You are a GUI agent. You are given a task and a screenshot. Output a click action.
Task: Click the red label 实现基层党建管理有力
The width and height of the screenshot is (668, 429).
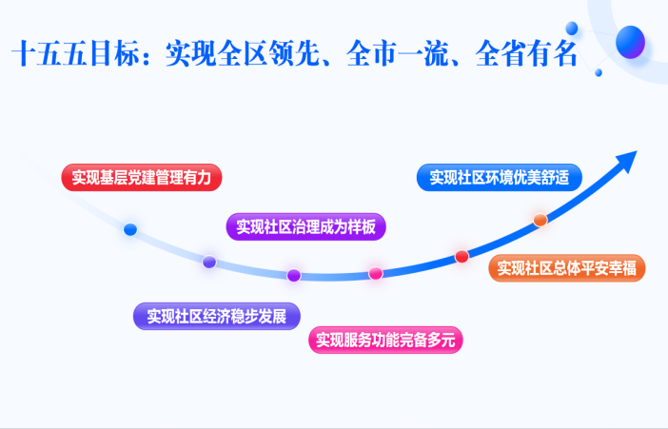(143, 177)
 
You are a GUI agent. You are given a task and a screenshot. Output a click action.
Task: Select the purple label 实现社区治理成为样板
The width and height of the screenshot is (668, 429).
(305, 227)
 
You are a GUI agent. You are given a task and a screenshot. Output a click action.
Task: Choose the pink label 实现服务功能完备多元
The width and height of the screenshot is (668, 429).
(387, 340)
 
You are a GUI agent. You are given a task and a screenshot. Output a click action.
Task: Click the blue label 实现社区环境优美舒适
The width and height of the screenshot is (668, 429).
(498, 177)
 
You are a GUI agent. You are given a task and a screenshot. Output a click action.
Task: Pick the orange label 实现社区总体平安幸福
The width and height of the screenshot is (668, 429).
(567, 268)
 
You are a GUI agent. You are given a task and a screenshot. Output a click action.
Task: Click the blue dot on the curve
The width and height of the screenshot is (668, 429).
(130, 229)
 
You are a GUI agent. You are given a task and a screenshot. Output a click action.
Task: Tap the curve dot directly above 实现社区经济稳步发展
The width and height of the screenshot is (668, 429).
(209, 262)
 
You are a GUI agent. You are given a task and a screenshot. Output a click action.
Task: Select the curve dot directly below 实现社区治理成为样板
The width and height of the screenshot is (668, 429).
(294, 275)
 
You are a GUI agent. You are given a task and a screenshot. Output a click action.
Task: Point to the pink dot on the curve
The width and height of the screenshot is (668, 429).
(376, 274)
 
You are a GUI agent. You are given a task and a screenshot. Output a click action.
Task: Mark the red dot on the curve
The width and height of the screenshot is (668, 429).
(462, 256)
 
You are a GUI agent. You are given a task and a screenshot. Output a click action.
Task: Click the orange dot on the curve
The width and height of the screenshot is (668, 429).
(540, 221)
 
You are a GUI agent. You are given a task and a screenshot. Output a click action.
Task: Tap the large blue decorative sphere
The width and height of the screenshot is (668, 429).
(631, 42)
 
